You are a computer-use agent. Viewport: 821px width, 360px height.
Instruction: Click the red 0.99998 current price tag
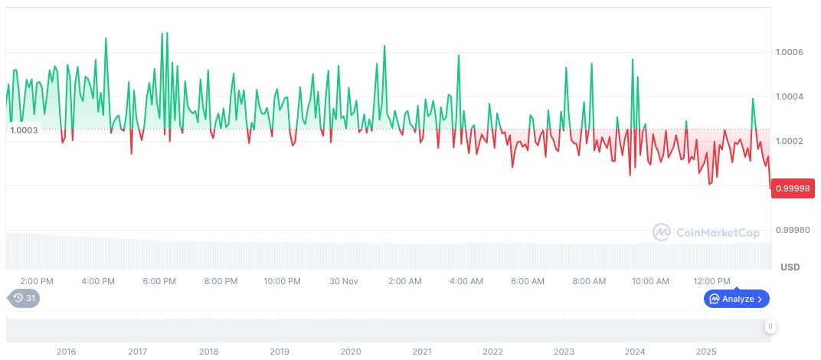[793, 188]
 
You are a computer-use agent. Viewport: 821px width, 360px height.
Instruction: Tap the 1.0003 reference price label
[25, 131]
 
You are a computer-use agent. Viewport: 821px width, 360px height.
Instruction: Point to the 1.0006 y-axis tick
[789, 52]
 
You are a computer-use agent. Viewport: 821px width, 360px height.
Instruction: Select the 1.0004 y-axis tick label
[789, 97]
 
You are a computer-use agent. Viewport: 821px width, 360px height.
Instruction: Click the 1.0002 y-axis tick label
[789, 141]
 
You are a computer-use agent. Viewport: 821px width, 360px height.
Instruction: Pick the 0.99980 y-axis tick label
[791, 230]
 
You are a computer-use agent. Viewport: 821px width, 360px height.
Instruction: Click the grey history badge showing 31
[24, 298]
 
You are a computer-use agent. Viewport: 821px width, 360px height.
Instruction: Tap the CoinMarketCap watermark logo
[705, 231]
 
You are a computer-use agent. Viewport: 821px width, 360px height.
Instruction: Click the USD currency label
[790, 267]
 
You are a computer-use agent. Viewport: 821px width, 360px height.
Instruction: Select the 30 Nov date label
[344, 281]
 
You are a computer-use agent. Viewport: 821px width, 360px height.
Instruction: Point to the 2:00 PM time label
[37, 281]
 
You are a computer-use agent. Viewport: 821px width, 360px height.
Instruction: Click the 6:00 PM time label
[159, 281]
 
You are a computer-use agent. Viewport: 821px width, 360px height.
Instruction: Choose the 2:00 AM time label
[405, 281]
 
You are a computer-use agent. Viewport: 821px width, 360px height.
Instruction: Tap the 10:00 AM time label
[650, 281]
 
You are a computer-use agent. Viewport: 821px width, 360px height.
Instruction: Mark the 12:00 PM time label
[711, 281]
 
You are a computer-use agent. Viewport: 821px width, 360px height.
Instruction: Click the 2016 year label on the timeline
[67, 352]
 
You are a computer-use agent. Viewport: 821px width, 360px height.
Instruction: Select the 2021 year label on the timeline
[422, 352]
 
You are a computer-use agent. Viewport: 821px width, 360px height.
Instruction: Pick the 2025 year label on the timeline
[706, 352]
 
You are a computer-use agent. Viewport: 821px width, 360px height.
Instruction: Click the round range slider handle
[770, 326]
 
